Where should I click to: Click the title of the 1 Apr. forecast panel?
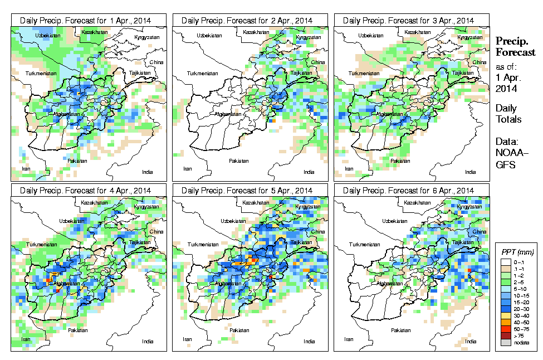click(x=89, y=20)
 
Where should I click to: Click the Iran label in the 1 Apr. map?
click(x=25, y=168)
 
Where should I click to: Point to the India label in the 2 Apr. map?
click(x=309, y=172)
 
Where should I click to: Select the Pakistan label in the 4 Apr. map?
click(x=78, y=330)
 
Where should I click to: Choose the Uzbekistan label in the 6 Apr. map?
click(x=371, y=221)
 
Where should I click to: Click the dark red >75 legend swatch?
click(x=503, y=336)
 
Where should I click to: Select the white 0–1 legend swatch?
click(x=503, y=262)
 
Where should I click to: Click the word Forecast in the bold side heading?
click(x=515, y=52)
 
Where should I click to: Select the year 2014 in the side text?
click(x=506, y=88)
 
